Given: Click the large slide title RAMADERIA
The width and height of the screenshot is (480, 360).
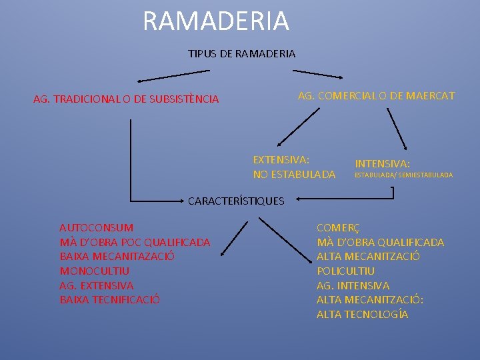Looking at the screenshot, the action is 215,21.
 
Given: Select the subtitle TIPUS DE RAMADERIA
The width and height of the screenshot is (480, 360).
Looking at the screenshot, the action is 241,53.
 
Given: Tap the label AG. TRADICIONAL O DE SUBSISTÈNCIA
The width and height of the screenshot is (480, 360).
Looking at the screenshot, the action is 126,99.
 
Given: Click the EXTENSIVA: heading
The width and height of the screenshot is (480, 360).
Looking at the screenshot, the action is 281,160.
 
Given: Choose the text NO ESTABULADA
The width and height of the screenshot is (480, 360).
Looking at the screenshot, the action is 294,175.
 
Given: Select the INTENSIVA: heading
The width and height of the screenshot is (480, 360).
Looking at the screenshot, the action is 382,163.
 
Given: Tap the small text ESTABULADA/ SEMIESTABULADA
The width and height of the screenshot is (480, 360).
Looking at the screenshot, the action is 403,175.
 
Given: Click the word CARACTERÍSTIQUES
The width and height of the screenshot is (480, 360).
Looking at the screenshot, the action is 236,201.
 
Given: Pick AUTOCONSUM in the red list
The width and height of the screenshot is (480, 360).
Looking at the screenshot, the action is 96,228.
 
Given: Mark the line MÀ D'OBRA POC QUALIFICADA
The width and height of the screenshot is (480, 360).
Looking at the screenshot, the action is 135,242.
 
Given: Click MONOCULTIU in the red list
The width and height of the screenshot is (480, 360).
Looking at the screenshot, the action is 95,271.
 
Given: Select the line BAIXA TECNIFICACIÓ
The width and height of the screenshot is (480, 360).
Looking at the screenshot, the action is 109,299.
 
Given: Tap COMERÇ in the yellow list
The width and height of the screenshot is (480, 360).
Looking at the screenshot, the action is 337,228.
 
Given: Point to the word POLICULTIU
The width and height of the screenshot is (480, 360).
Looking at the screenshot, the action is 345,271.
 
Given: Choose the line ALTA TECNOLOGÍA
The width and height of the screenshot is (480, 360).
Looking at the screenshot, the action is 362,314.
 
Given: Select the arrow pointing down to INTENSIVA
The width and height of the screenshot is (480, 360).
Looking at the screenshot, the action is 399,126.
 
